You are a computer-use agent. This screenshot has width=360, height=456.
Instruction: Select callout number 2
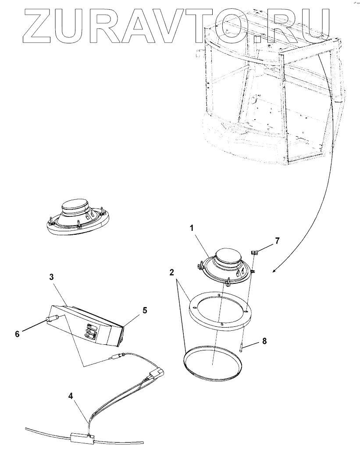(172, 272)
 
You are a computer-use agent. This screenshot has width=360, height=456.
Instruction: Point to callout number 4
(71, 396)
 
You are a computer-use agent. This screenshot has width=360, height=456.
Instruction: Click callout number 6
(17, 333)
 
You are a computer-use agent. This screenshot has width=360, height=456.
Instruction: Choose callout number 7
(277, 240)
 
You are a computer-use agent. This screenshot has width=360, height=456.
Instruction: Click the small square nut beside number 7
(254, 252)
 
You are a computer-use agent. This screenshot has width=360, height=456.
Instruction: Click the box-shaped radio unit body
(90, 326)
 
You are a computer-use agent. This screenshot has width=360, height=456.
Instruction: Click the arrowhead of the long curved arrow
(274, 272)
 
